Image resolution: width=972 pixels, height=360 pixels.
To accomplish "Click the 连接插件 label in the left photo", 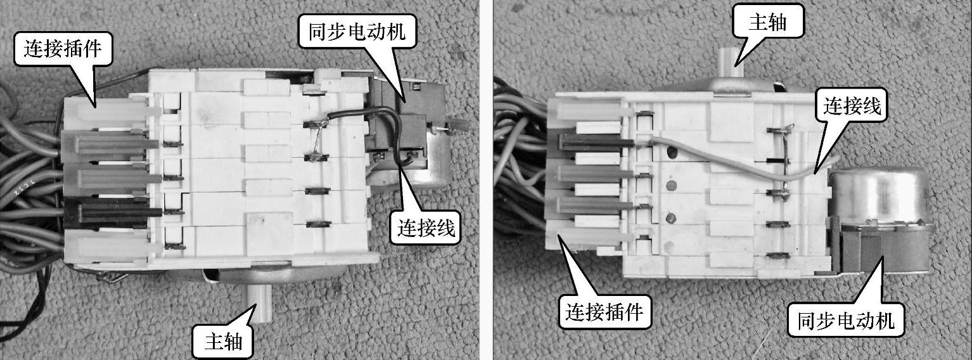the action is (63, 48).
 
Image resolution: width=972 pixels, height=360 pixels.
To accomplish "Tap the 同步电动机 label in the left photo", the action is (357, 31).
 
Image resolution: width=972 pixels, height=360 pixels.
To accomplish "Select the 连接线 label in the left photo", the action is (426, 228).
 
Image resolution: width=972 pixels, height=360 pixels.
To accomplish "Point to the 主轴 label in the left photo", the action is (223, 342).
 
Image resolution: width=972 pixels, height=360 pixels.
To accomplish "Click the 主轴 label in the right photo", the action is (767, 22).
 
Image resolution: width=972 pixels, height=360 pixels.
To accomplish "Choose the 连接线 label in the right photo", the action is (852, 105).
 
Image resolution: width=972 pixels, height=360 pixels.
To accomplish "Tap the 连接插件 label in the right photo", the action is (604, 311).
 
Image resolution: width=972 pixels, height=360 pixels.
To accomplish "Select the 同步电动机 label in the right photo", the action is (846, 321).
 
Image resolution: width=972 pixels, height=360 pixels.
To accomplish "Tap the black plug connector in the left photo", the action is (113, 212).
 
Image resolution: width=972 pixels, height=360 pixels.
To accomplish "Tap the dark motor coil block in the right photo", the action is (881, 251).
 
